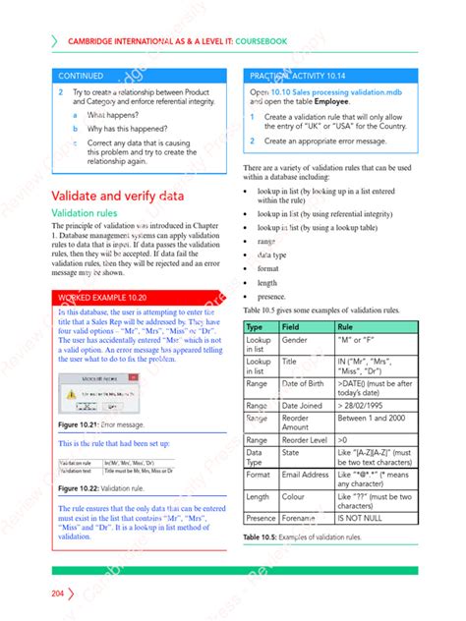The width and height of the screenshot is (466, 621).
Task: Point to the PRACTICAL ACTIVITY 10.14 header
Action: (x=297, y=75)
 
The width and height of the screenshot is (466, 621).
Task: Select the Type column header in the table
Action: (x=255, y=327)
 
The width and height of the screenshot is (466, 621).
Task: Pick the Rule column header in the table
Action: (x=346, y=327)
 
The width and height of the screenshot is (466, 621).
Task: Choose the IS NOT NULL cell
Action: (x=359, y=518)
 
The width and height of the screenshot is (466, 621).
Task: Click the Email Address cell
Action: (x=306, y=474)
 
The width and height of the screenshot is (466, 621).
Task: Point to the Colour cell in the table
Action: (x=296, y=496)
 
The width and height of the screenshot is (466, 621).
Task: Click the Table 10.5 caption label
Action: (x=262, y=537)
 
